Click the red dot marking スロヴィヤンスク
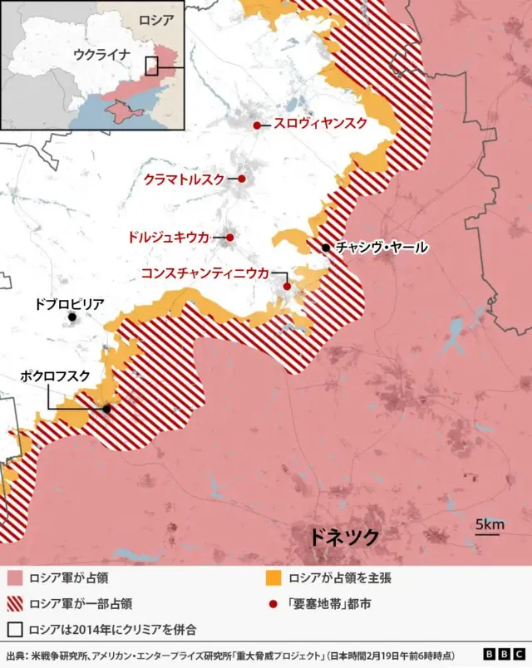258,125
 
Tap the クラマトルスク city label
184,179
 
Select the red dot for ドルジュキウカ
230,238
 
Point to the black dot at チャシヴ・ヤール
326,248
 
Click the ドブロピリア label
69,305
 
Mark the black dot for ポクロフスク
106,409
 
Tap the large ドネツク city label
343,537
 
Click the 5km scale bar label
490,524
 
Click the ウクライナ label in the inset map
101,55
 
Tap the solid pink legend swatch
13,577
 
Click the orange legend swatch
270,577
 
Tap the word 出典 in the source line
15,654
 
